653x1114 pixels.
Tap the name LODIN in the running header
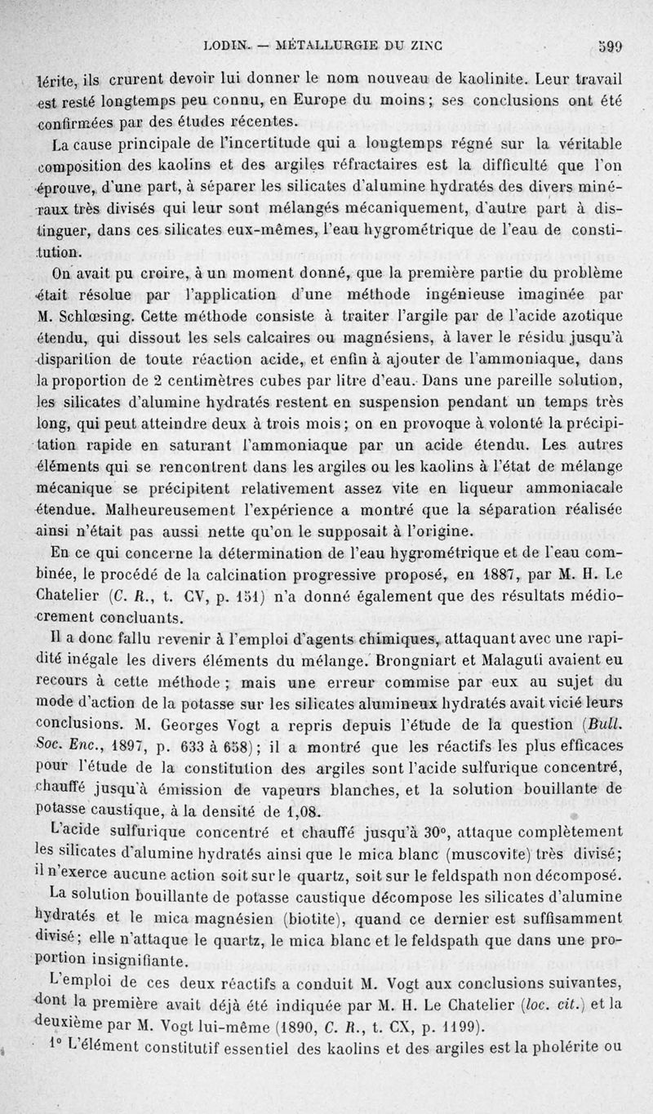[223, 47]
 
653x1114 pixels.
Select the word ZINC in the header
[421, 47]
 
